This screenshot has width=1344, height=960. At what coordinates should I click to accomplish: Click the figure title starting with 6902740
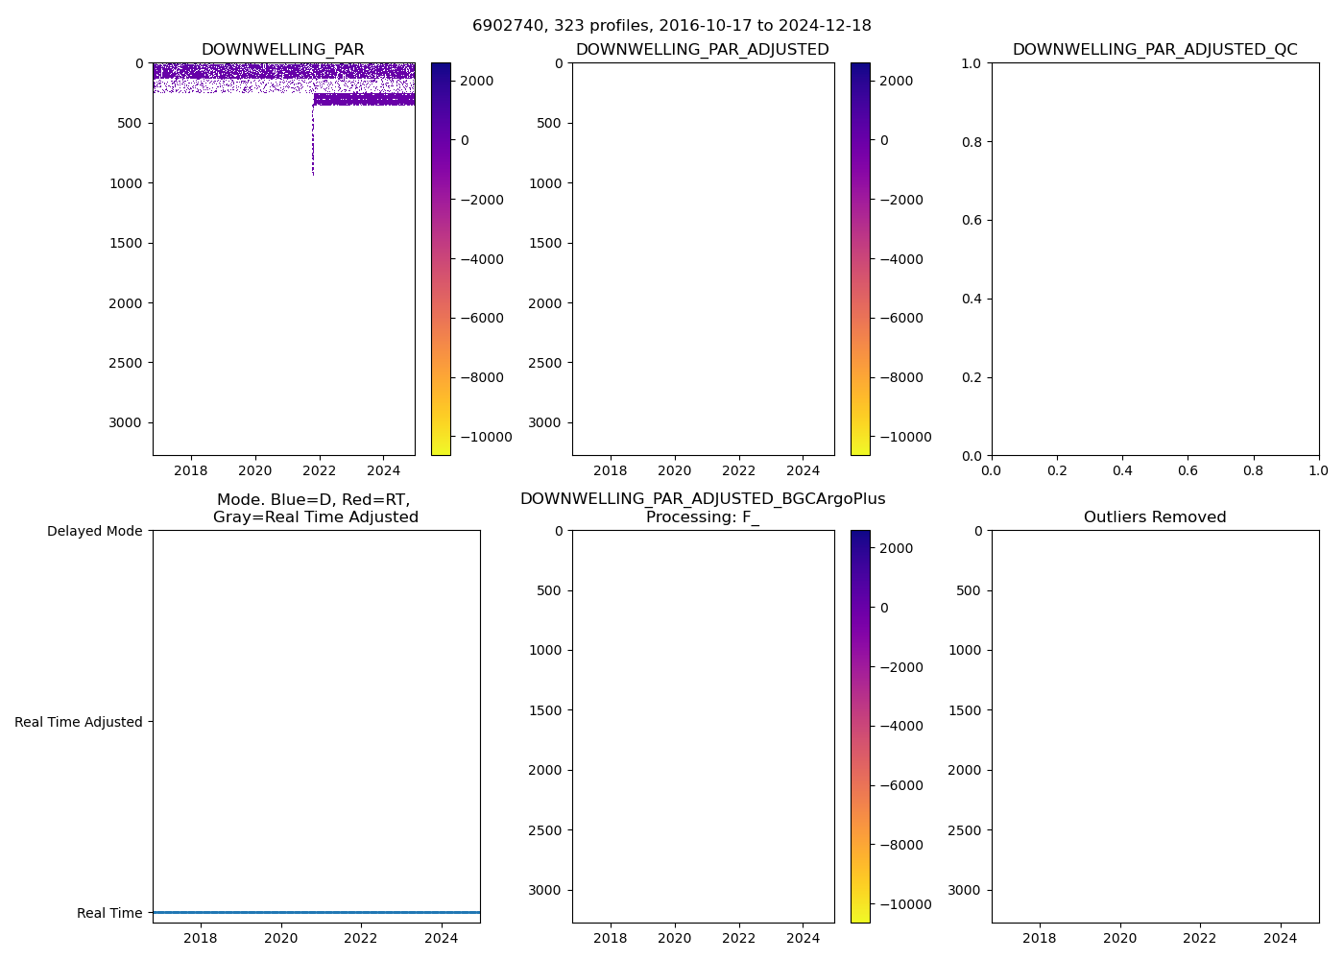[671, 26]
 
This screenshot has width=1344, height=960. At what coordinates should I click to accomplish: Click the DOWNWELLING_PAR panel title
[282, 50]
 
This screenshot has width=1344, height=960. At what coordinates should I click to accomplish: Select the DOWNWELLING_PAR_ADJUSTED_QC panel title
[1155, 50]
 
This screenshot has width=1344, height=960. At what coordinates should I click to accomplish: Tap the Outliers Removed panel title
[1155, 517]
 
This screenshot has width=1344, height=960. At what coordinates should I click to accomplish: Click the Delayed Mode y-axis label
[94, 531]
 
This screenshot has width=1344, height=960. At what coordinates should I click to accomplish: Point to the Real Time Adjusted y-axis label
[79, 722]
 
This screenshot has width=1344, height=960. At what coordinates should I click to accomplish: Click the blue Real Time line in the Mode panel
[317, 912]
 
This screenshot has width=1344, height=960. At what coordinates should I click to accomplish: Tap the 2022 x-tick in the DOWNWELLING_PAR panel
[319, 470]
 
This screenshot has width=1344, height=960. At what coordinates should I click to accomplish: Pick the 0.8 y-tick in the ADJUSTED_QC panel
[972, 142]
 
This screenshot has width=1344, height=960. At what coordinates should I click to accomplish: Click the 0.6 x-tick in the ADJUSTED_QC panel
[1188, 470]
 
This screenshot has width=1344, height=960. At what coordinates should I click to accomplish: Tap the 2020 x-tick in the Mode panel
[280, 938]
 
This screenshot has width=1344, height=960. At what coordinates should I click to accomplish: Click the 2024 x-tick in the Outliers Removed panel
[1280, 938]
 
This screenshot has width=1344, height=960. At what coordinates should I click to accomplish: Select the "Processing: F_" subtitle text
[703, 517]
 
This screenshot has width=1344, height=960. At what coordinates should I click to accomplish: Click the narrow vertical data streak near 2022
[313, 144]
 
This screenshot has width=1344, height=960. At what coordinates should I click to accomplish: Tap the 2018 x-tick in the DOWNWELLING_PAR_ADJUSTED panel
[611, 470]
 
